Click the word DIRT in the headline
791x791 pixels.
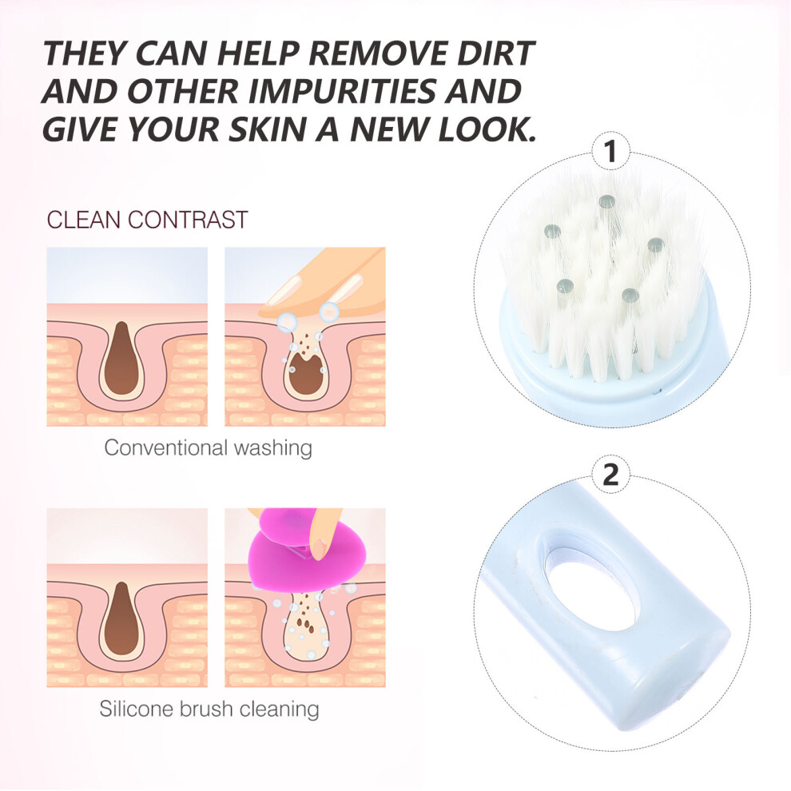pos(495,53)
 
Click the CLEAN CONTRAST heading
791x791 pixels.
pos(147,220)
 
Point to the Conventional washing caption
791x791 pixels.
pos(208,447)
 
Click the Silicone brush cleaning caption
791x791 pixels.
pos(209,709)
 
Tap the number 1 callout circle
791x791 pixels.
pos(610,151)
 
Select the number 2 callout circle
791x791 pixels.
pos(610,475)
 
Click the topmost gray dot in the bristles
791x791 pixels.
pos(607,202)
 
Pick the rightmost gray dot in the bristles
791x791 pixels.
pos(655,245)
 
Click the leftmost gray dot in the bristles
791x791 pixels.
pos(552,232)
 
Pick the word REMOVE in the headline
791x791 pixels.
pos(379,53)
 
